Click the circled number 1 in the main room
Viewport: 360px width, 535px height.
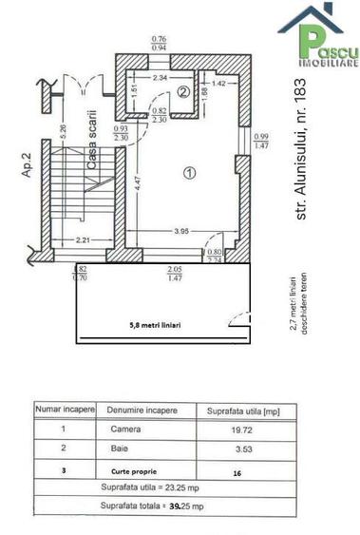tap(189, 173)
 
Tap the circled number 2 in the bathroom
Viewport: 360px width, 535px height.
tap(184, 91)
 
